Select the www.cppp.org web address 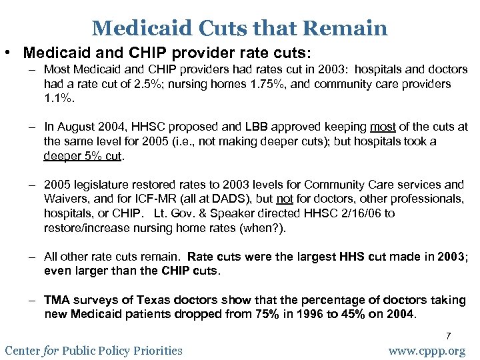tap(427, 351)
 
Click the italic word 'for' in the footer tap(51, 350)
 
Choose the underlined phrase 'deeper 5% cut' tap(83, 155)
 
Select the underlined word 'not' tap(285, 199)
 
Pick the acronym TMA tap(57, 300)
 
